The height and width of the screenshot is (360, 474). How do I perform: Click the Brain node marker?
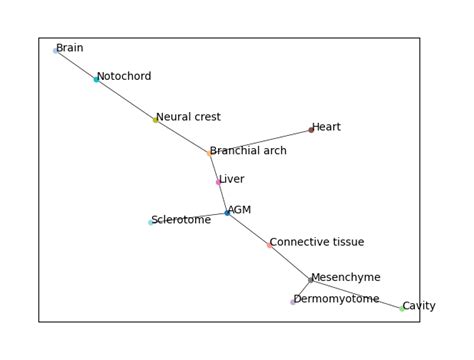[55, 50]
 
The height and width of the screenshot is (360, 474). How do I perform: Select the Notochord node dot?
[96, 79]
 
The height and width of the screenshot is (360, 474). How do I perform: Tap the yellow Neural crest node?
[155, 120]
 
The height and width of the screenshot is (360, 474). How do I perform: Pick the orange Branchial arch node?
[209, 153]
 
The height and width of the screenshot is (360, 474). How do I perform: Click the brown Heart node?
[311, 130]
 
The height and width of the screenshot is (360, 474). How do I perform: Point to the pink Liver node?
[218, 182]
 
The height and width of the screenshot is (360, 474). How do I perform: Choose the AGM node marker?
[227, 213]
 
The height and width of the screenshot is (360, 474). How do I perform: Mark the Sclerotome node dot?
[151, 222]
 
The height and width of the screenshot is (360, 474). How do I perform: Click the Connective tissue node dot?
[269, 244]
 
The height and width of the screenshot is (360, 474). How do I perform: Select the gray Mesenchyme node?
[310, 280]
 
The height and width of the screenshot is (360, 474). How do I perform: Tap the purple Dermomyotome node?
[293, 301]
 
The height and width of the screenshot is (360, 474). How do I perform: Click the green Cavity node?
[402, 308]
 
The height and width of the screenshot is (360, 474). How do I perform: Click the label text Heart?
[327, 127]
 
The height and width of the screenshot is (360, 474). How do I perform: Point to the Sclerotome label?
[182, 220]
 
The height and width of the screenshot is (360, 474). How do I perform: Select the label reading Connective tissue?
[317, 242]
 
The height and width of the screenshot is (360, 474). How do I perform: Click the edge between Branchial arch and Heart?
[260, 142]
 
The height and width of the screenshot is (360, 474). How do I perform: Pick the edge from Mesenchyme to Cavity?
[356, 294]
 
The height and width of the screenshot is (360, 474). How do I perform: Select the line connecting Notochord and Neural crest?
[125, 99]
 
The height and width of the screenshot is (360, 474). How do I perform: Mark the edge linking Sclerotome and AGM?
[189, 218]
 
